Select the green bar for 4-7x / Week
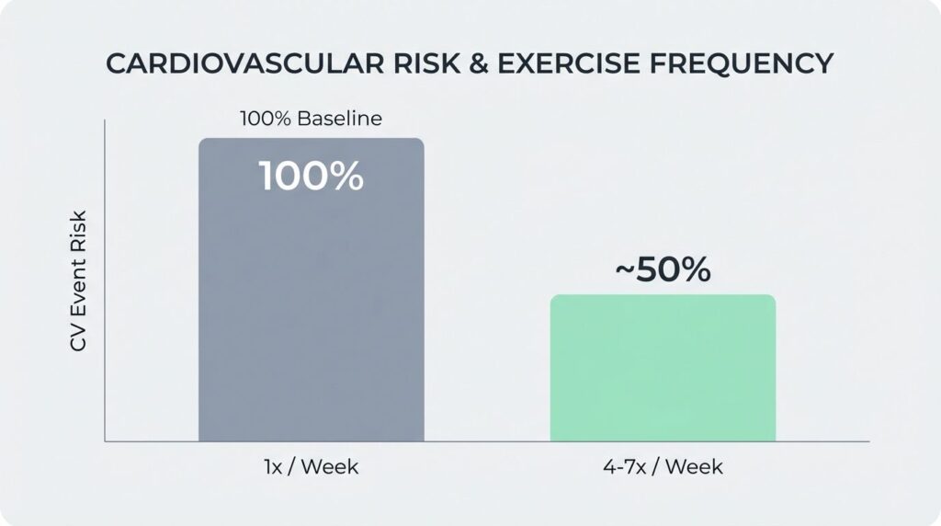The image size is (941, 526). coord(663,368)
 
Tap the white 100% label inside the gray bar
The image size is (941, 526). coord(312,177)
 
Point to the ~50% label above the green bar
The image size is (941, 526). coord(663,269)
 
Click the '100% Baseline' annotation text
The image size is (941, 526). coord(311,119)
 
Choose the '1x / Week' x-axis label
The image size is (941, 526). coord(312,467)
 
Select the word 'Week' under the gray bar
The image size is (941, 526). coord(330,467)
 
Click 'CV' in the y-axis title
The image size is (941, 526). coord(79,340)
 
